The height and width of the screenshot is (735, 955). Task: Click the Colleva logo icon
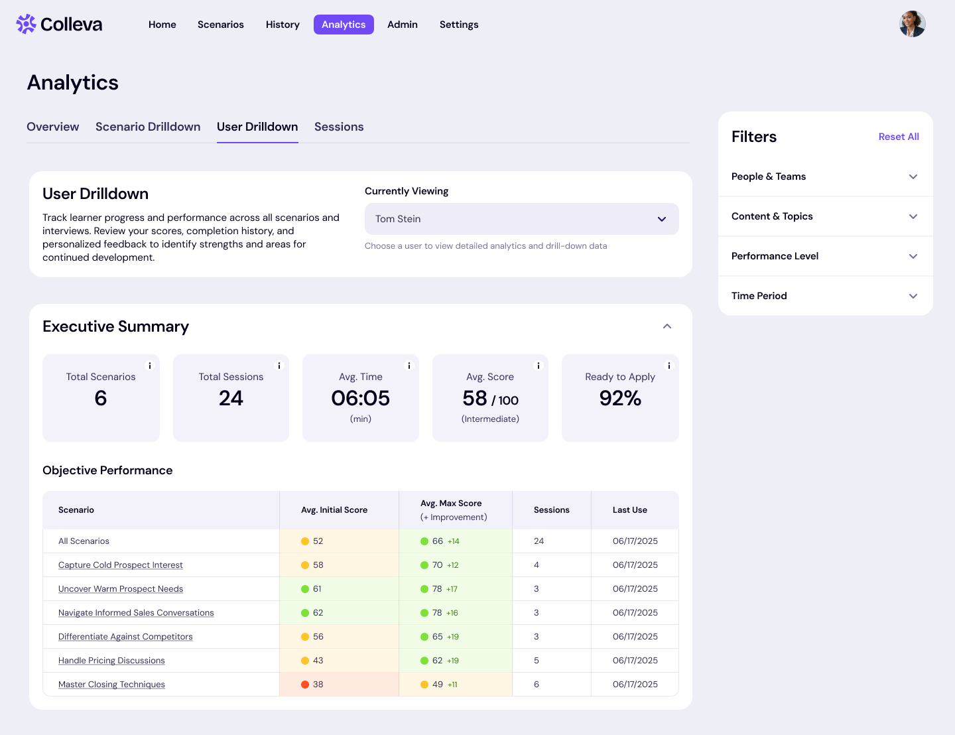click(26, 24)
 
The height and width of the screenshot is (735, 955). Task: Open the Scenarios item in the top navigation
click(221, 25)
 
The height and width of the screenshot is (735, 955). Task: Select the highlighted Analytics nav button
click(344, 25)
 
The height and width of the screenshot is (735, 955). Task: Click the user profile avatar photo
click(912, 24)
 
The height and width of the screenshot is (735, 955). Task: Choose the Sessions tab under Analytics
click(339, 127)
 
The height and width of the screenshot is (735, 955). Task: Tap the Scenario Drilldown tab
click(148, 127)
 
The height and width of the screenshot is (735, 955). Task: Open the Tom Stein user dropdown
click(521, 219)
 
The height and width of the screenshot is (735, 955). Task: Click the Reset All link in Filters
click(899, 137)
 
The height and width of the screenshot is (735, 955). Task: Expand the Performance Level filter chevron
click(913, 256)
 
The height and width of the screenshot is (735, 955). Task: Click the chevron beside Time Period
click(913, 296)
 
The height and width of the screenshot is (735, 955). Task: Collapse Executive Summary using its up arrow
click(667, 326)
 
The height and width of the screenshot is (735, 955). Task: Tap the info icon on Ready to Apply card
click(668, 366)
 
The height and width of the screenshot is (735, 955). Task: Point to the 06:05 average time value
click(360, 398)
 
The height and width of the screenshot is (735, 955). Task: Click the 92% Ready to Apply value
click(620, 398)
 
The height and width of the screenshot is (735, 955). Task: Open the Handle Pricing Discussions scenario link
click(111, 661)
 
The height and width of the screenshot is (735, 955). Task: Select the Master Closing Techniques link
click(111, 685)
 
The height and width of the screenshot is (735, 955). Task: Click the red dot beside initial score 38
click(305, 685)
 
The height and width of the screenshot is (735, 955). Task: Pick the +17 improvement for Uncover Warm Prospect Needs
click(452, 589)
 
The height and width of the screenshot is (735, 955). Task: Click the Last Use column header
click(629, 510)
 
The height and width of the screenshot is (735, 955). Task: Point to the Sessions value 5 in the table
click(537, 661)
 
